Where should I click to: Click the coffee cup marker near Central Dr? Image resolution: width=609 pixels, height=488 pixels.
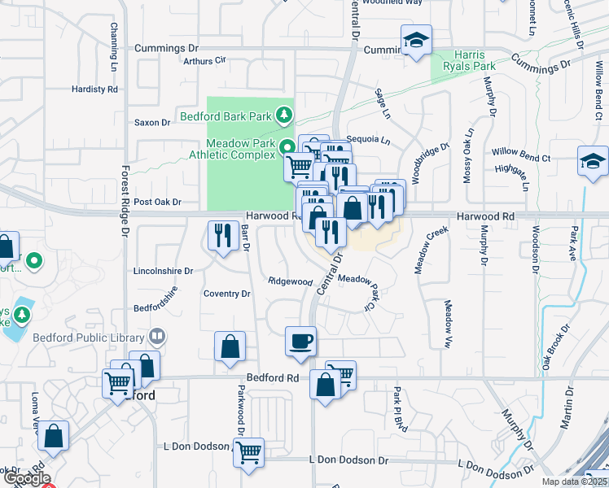tap(300, 340)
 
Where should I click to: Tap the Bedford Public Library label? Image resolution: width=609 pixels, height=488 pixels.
tap(89, 337)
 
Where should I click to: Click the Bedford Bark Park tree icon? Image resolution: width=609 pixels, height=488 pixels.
tap(284, 115)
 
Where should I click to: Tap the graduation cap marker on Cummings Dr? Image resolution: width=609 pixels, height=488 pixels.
tap(416, 40)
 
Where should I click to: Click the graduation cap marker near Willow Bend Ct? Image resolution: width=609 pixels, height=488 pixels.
tap(592, 162)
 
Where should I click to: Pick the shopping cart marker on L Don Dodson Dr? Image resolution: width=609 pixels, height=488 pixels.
tap(248, 452)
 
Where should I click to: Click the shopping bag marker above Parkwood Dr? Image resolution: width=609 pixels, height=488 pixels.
tap(230, 346)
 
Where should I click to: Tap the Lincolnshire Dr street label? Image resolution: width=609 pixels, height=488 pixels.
tap(162, 271)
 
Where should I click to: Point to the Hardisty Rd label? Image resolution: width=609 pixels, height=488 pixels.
tap(94, 89)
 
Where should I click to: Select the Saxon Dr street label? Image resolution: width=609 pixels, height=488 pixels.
tap(152, 123)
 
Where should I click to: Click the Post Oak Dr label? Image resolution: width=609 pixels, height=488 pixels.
tap(156, 202)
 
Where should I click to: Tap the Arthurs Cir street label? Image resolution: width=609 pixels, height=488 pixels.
tap(204, 61)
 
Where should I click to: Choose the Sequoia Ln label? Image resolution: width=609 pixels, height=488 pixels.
tap(368, 140)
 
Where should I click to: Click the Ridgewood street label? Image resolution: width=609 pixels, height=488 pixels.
tap(291, 281)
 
